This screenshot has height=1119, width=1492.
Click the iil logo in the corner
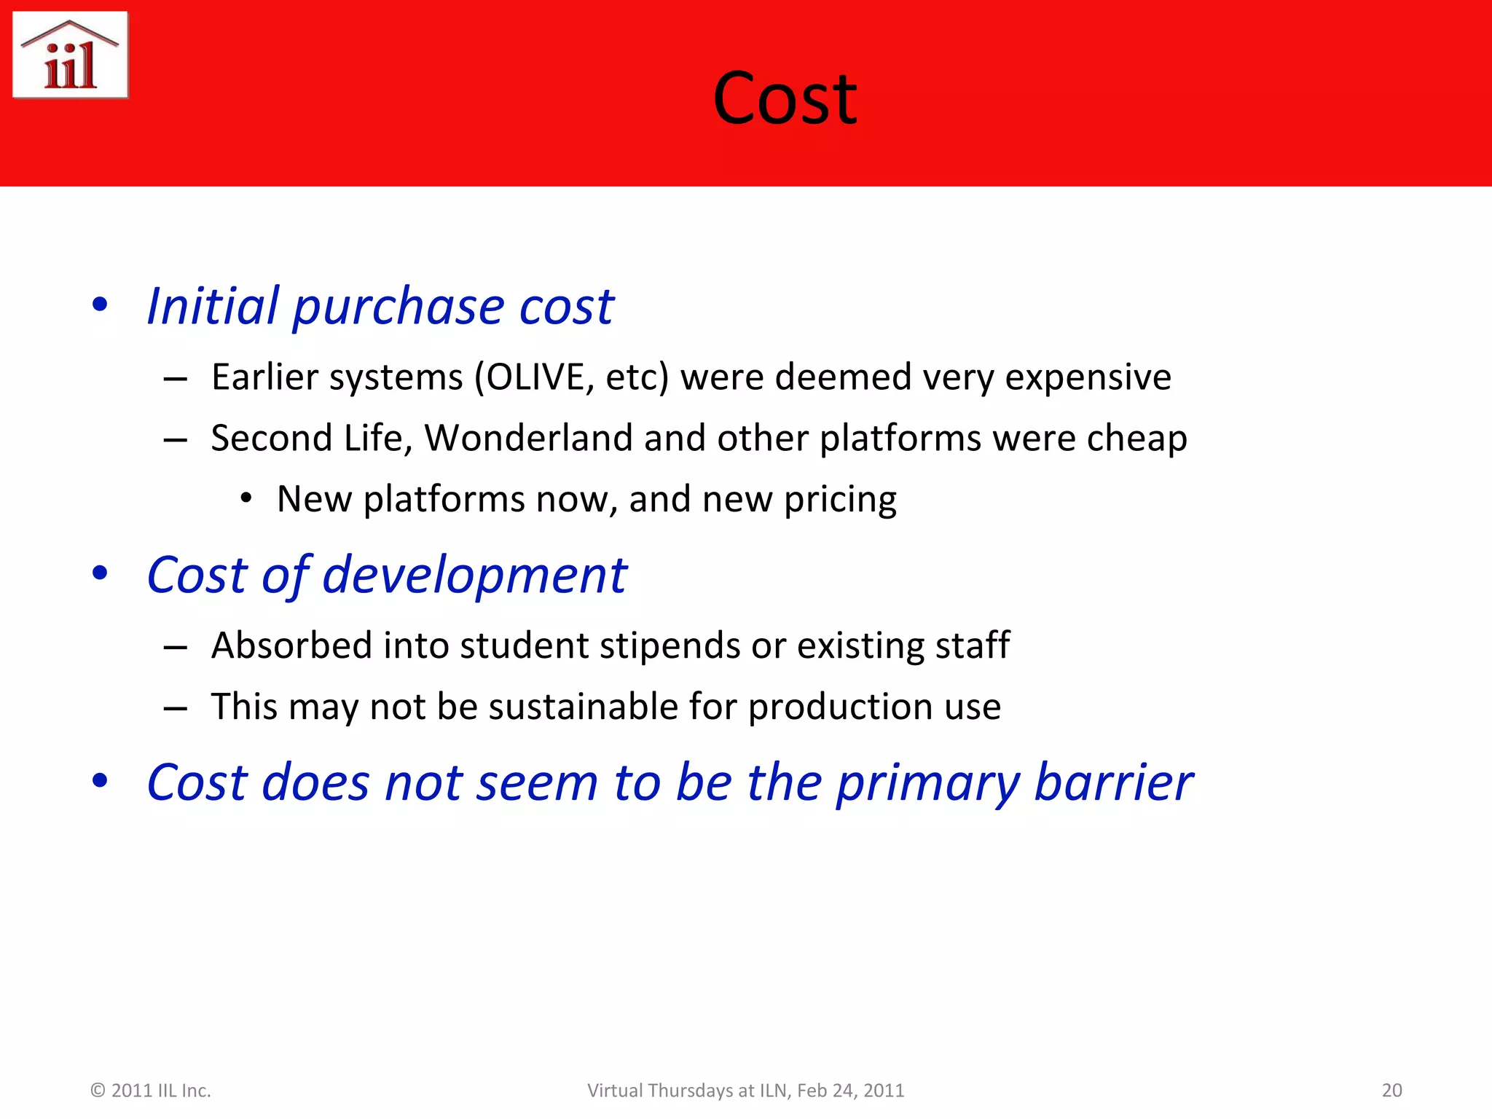click(71, 55)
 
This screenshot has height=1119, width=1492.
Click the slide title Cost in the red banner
click(785, 98)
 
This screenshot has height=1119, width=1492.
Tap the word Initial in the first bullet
click(212, 306)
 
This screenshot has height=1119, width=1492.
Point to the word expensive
click(1088, 377)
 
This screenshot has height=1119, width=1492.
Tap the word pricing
click(840, 500)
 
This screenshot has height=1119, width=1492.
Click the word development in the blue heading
click(474, 576)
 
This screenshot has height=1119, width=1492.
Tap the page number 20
click(1391, 1091)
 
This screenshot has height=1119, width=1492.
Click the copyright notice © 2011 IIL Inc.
click(150, 1091)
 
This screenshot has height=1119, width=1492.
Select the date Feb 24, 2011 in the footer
click(850, 1091)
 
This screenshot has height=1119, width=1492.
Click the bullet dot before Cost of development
click(101, 574)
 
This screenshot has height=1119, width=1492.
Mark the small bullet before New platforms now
click(246, 499)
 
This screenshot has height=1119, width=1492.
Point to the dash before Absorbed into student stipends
click(176, 647)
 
